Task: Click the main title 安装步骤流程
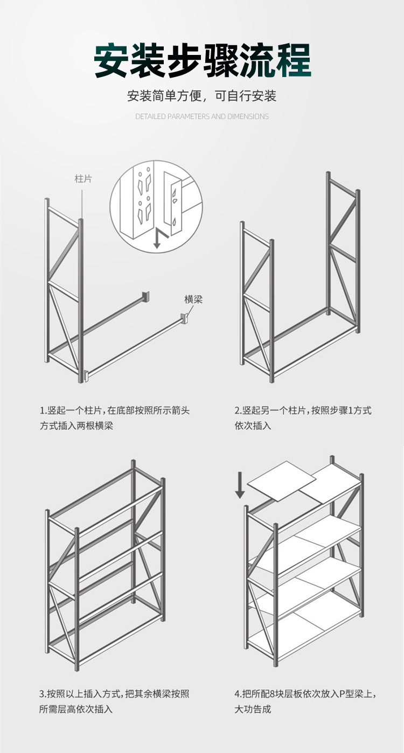point(202,60)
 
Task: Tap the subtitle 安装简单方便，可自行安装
point(202,96)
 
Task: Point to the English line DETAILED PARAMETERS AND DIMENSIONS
point(202,116)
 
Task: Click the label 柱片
point(83,178)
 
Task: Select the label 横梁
point(193,299)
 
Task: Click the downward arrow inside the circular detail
point(157,239)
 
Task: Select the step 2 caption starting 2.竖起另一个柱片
point(303,410)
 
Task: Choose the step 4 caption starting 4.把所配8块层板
point(305,694)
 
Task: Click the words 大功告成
point(253,709)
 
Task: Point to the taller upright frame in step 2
point(343,253)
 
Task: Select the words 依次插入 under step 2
point(253,426)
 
